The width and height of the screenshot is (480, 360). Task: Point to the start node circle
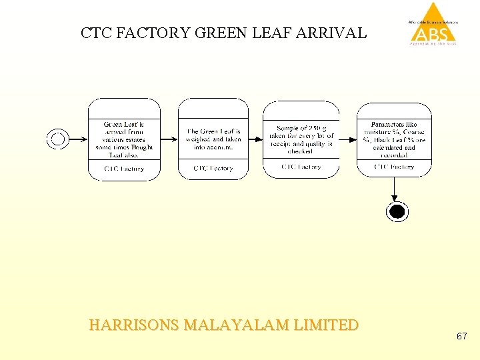click(57, 139)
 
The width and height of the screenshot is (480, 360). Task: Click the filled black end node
click(397, 212)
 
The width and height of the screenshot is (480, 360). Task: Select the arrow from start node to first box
click(79, 139)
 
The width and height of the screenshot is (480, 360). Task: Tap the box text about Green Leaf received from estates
click(124, 139)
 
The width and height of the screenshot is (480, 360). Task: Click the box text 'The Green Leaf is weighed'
click(213, 139)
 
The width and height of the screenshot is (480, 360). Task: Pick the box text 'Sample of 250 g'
click(301, 138)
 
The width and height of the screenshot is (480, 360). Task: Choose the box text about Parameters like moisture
click(394, 139)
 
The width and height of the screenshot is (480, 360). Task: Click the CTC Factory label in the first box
click(124, 169)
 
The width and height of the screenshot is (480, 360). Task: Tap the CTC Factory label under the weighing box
click(213, 169)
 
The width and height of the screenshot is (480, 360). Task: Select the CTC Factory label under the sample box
click(301, 167)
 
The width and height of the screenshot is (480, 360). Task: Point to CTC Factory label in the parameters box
click(394, 167)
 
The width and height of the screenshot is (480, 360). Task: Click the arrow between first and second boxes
click(169, 139)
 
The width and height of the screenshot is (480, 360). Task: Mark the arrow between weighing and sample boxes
click(255, 139)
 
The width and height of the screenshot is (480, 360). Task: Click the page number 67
click(461, 337)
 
